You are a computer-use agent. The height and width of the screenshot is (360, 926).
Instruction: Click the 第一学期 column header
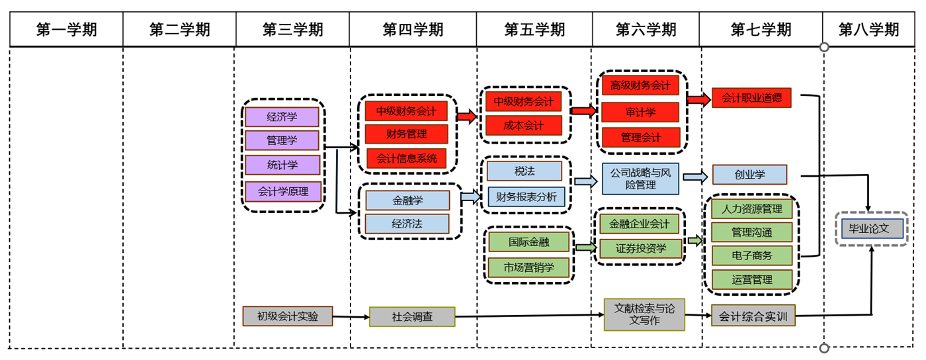(x=66, y=30)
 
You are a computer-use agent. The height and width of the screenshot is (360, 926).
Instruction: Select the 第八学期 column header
(x=868, y=30)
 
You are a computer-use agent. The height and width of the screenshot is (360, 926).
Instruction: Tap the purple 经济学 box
(x=282, y=117)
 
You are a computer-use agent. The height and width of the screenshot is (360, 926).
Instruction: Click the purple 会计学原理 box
(x=282, y=192)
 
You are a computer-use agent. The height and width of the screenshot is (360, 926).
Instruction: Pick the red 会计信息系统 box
(x=407, y=158)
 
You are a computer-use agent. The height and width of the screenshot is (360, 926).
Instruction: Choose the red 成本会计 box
(x=524, y=125)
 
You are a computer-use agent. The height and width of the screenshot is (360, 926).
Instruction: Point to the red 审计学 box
(x=640, y=112)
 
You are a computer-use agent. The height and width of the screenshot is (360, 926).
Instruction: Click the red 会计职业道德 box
(x=751, y=98)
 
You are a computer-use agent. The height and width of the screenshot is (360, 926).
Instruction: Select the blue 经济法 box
(x=407, y=224)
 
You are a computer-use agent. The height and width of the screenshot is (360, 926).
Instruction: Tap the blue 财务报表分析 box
(x=526, y=197)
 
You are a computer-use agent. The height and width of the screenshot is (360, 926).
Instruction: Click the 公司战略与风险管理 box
(x=640, y=179)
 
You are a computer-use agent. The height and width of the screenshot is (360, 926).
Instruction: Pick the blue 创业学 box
(x=749, y=175)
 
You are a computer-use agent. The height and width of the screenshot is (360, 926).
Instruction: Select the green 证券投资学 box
(x=640, y=249)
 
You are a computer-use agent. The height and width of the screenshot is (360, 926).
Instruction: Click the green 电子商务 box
(x=751, y=255)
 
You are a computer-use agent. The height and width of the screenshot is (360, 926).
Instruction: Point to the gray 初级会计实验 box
(x=287, y=316)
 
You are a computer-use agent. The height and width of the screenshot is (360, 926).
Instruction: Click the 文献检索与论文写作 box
(x=644, y=314)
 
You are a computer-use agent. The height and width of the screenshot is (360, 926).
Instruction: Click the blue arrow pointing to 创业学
(x=694, y=177)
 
